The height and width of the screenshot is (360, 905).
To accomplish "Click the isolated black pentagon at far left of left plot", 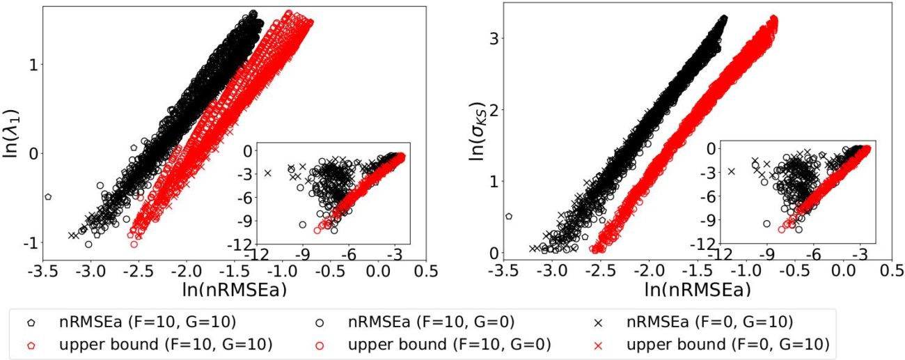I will coord(48,197).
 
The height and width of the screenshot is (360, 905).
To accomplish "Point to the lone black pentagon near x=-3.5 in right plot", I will coord(509,217).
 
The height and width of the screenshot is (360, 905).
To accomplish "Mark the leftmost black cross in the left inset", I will coord(267,173).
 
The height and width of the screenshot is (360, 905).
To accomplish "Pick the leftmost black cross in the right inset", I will coord(731,171).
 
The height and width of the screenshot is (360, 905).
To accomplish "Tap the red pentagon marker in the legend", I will coord(31,344).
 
